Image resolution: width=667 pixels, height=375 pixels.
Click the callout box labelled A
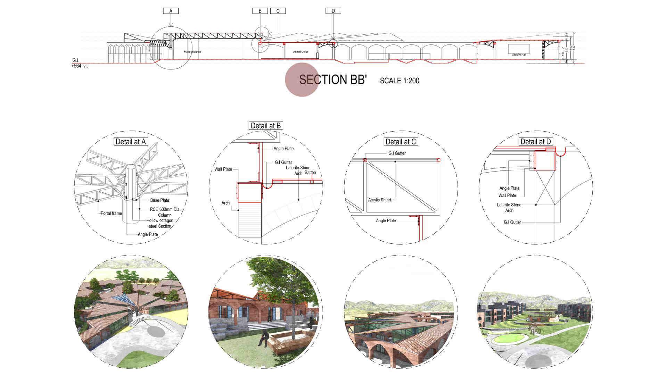click(171, 11)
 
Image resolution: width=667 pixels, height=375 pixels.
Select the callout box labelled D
click(333, 11)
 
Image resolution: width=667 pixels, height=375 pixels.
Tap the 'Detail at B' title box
click(266, 126)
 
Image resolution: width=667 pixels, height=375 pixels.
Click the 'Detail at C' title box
click(401, 142)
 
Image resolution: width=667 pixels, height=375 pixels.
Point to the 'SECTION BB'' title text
click(333, 80)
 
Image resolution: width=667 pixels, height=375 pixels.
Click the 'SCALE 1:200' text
click(400, 81)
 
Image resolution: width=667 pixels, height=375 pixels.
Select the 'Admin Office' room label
click(300, 52)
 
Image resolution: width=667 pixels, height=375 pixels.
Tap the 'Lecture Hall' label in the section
click(519, 55)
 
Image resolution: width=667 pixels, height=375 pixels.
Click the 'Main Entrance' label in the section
click(192, 52)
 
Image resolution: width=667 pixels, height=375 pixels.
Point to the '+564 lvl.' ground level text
click(80, 66)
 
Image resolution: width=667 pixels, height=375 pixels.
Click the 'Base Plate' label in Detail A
click(160, 200)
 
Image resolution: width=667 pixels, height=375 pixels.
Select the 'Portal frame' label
click(111, 213)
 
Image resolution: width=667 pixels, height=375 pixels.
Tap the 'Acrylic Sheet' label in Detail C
click(380, 200)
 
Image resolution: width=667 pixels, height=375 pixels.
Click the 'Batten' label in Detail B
click(310, 173)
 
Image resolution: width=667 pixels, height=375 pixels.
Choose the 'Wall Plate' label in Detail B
click(223, 169)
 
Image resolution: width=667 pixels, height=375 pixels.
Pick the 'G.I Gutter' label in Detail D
click(512, 222)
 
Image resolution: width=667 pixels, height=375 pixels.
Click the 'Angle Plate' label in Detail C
click(386, 221)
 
